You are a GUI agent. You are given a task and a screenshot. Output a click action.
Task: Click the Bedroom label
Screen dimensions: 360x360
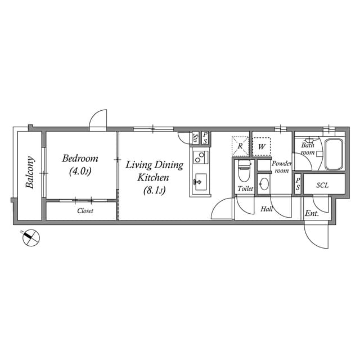(x=80, y=158)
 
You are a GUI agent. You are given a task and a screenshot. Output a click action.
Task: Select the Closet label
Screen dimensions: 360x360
(x=85, y=211)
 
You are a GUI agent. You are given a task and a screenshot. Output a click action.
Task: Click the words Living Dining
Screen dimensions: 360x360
(x=154, y=165)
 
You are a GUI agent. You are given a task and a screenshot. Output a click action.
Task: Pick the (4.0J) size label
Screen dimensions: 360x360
(x=80, y=171)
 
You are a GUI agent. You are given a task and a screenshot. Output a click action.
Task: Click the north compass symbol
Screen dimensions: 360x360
(x=31, y=238)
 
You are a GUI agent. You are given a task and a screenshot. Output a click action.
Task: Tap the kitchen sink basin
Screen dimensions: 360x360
(x=200, y=182)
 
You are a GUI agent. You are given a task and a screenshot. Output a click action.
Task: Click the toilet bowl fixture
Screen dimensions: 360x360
(x=244, y=169)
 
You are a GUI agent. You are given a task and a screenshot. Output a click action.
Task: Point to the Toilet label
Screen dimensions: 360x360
(x=245, y=188)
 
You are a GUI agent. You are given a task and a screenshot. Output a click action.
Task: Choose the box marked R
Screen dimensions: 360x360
(x=240, y=146)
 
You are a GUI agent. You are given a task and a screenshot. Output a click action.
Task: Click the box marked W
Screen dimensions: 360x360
(x=262, y=146)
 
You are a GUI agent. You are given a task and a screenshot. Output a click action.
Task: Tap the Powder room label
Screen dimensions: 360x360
(x=281, y=166)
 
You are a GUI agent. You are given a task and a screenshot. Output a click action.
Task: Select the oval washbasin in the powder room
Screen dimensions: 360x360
(x=264, y=184)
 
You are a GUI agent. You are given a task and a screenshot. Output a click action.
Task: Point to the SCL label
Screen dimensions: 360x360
(x=322, y=185)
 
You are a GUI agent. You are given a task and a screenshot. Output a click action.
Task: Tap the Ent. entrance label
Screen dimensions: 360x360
(x=312, y=214)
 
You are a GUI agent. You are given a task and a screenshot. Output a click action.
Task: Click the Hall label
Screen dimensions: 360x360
(x=268, y=209)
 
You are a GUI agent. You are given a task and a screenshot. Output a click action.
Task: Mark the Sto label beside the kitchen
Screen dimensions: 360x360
(x=195, y=137)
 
